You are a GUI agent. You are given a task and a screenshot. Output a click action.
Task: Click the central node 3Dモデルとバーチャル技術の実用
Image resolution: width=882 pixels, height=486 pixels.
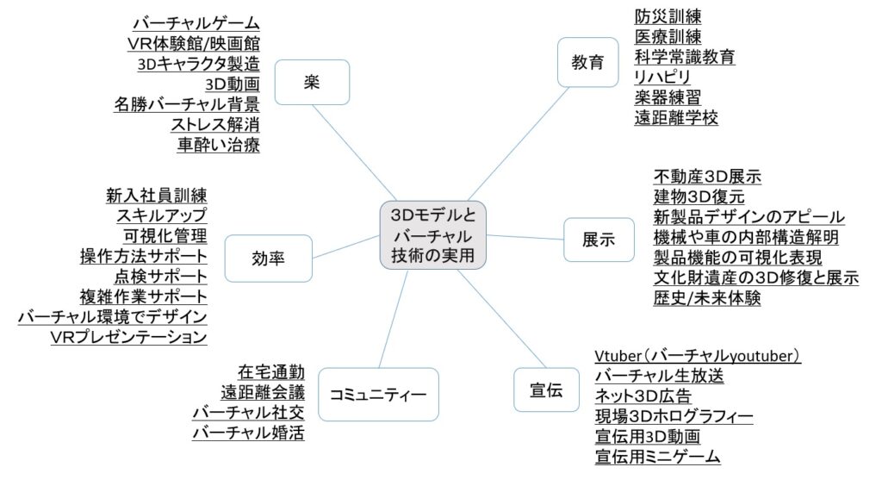tap(432, 235)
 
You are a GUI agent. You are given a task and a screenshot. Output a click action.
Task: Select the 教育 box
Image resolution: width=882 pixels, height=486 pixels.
tap(588, 62)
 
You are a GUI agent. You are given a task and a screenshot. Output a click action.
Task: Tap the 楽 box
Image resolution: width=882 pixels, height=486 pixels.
tap(312, 82)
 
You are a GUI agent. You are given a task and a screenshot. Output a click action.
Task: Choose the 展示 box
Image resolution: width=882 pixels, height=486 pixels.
tap(599, 240)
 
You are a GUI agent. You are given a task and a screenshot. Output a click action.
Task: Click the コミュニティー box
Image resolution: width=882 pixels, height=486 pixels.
tap(378, 394)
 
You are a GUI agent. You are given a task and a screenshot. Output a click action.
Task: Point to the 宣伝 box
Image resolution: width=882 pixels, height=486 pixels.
tap(544, 391)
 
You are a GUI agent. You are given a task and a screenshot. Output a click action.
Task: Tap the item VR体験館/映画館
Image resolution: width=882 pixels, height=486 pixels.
tap(193, 43)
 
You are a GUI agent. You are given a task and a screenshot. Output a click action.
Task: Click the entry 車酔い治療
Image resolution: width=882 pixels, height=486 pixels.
tap(218, 145)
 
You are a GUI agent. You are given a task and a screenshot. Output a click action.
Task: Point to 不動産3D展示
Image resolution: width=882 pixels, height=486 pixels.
tap(707, 177)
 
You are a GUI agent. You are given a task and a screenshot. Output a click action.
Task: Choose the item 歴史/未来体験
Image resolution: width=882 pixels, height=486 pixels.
tap(707, 298)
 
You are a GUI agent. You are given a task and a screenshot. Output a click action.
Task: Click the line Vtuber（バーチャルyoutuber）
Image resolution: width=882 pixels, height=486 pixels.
tap(698, 356)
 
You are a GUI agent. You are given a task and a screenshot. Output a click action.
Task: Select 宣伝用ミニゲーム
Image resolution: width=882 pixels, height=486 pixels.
tap(657, 457)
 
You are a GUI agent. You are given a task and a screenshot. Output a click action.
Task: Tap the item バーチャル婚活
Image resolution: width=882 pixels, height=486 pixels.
tap(248, 433)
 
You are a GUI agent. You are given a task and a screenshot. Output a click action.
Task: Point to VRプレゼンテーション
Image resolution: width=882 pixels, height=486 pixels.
tap(128, 336)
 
